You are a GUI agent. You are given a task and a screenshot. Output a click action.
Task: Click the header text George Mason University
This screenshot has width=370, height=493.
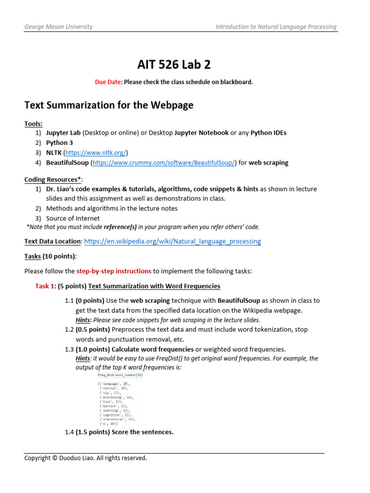pos(58,27)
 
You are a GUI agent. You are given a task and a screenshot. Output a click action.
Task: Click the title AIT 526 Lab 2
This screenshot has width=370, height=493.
pos(174,64)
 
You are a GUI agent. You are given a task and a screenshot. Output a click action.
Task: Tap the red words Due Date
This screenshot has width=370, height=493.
pos(108,82)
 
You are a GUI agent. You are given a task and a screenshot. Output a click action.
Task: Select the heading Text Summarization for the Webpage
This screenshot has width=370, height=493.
pos(109,105)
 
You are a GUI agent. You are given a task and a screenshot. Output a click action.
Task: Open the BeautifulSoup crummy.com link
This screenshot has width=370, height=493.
pos(164,163)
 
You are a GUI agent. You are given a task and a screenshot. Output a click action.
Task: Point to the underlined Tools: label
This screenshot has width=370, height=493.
pos(33,124)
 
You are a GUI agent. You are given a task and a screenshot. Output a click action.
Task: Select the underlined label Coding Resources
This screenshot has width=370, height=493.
pos(52,180)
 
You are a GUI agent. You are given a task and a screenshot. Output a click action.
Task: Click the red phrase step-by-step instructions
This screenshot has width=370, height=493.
pos(114,272)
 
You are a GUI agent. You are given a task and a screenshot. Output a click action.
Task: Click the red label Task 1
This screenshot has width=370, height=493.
pos(45,286)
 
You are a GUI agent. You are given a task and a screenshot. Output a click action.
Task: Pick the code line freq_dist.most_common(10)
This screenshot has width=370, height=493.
pos(120,375)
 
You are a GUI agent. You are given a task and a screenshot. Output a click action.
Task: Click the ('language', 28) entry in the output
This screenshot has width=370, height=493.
pos(114,384)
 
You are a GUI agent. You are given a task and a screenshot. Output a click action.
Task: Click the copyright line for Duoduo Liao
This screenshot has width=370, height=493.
pos(86,458)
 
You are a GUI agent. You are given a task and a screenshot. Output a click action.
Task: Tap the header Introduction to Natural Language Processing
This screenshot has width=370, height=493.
pos(276,27)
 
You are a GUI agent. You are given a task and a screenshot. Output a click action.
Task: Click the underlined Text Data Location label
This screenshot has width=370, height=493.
pos(53,241)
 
